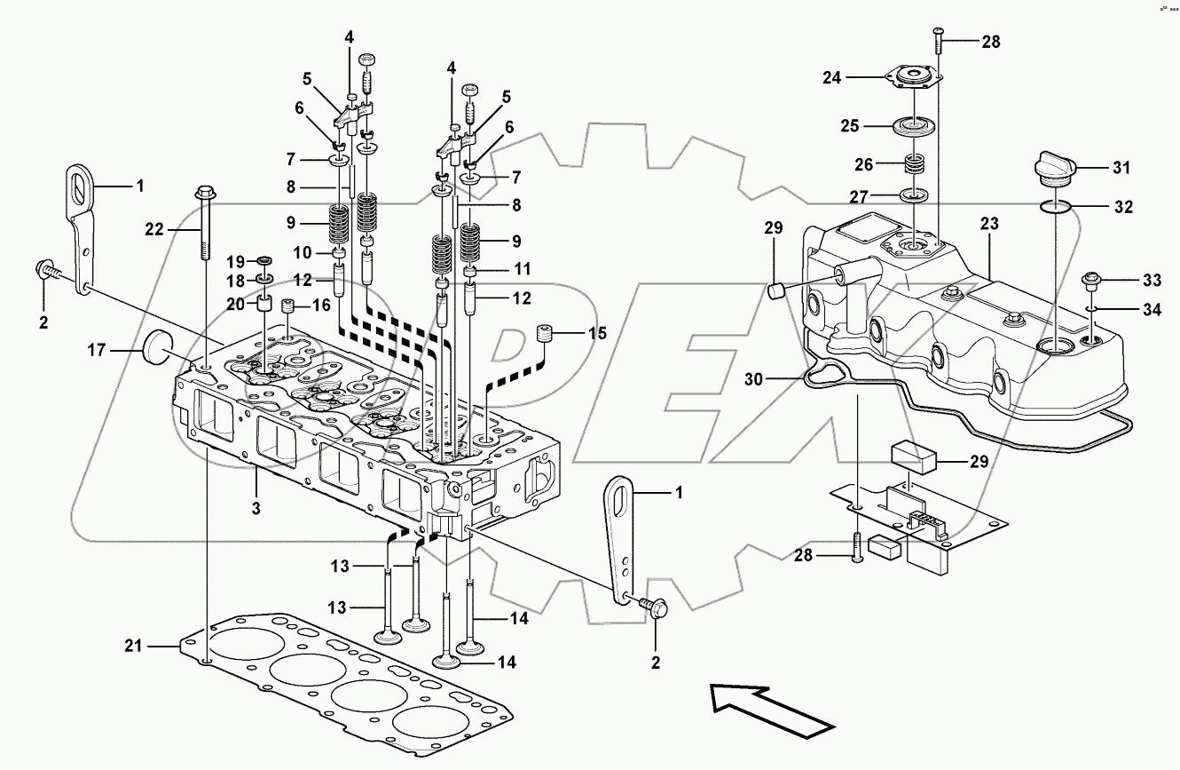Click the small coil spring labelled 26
(913, 165)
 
